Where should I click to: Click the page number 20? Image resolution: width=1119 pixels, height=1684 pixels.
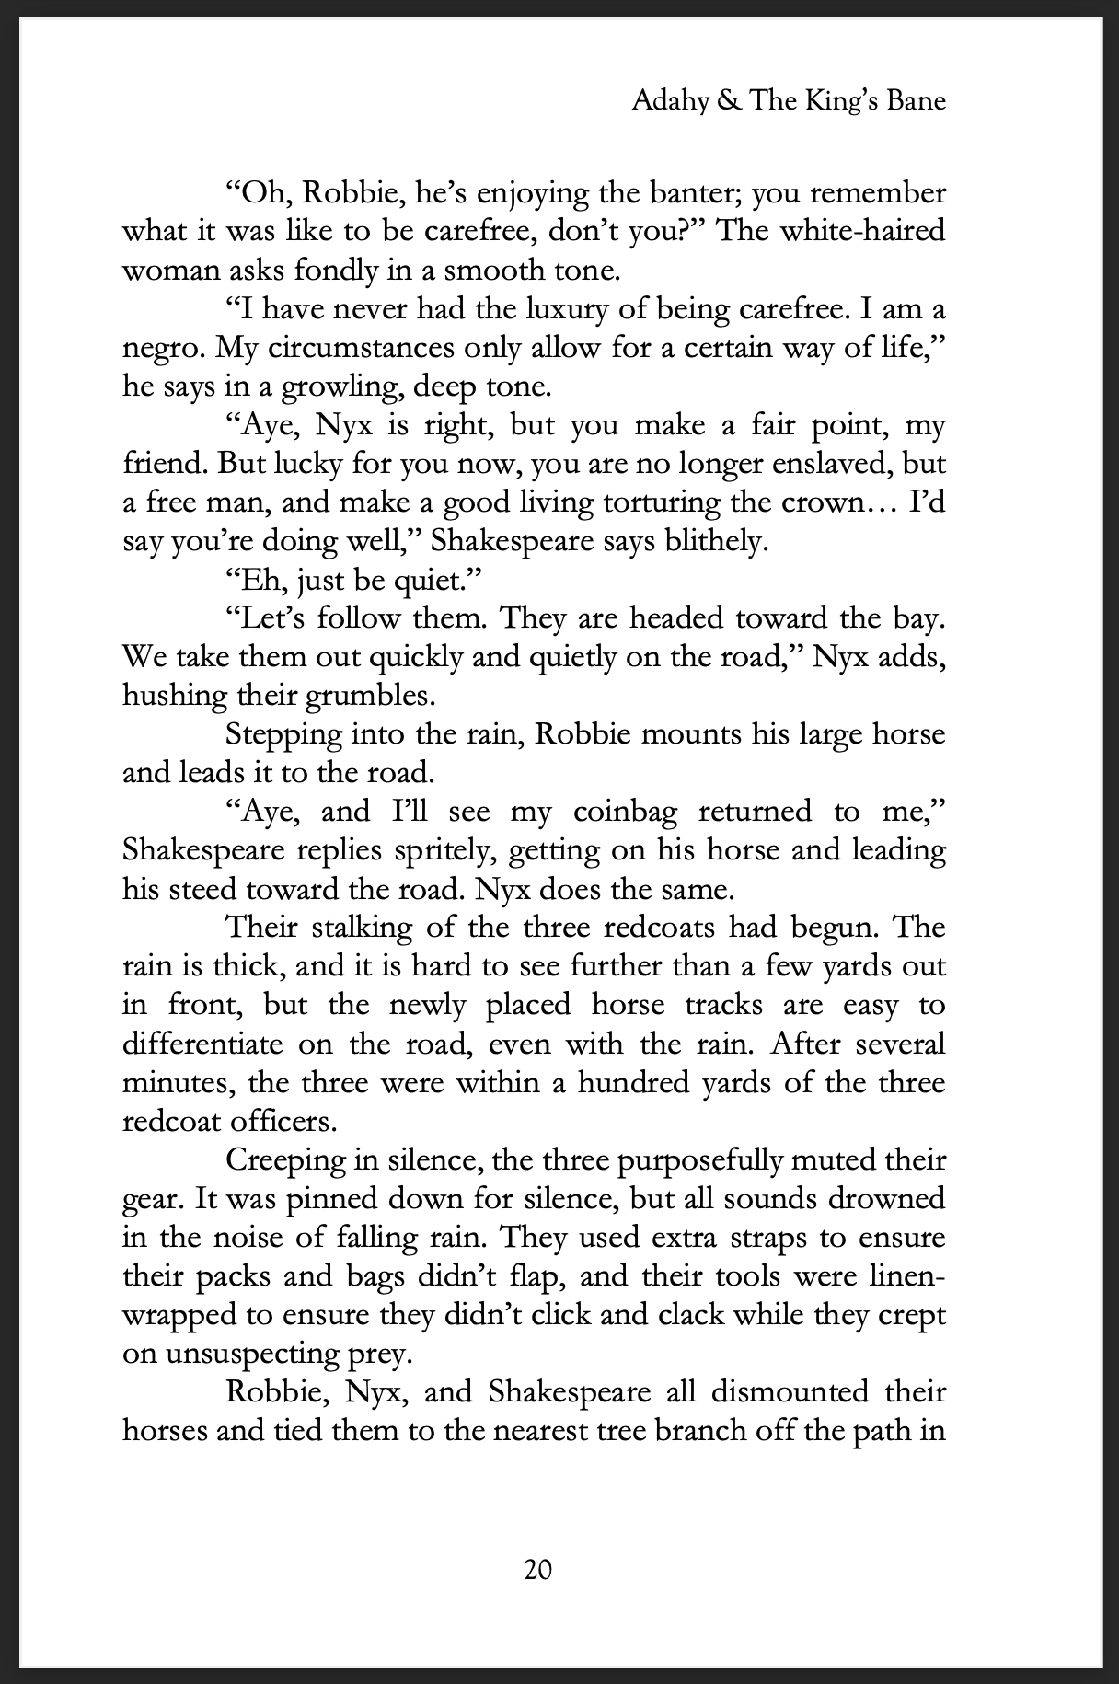click(537, 1568)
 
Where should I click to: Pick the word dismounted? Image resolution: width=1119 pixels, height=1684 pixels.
click(781, 1391)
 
